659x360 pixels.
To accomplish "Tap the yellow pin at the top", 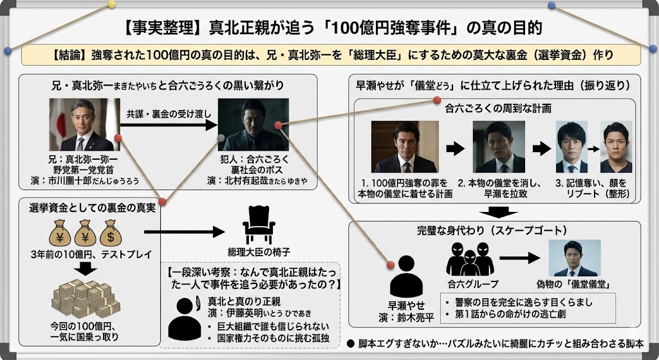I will point(111,4).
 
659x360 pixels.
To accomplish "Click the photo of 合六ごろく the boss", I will point(252,125).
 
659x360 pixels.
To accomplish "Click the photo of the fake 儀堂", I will point(574,258).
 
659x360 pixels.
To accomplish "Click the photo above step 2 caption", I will point(499,147).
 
